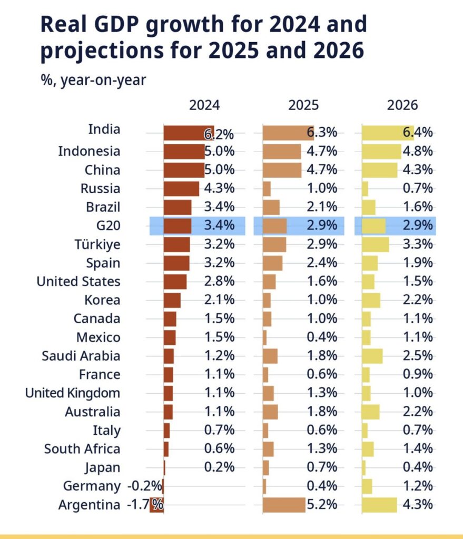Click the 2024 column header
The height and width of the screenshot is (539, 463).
[204, 105]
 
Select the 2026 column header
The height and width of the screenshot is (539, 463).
[402, 105]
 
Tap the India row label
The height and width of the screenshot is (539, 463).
[104, 129]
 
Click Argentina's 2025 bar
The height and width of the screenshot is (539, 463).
[284, 504]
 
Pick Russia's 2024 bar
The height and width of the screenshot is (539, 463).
[181, 188]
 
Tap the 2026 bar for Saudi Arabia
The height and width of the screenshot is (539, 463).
[372, 356]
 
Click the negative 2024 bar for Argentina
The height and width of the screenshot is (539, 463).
[156, 504]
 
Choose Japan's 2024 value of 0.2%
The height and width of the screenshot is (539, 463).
[219, 467]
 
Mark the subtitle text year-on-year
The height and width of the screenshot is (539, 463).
[103, 81]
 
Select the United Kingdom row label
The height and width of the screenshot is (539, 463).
[73, 393]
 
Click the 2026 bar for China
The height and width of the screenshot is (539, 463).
[380, 170]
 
